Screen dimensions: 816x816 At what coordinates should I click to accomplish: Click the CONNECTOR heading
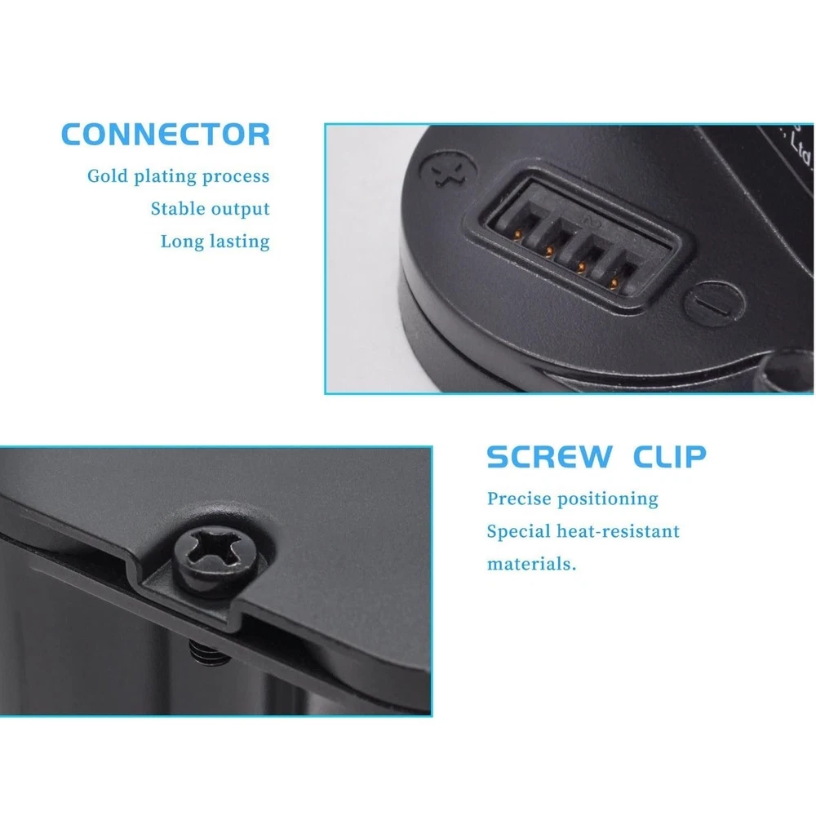click(166, 135)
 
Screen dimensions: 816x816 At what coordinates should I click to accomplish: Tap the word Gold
click(107, 176)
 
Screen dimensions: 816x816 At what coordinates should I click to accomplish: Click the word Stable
click(177, 209)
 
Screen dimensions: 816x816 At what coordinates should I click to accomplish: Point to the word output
click(240, 210)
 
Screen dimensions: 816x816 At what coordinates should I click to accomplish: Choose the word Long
click(182, 242)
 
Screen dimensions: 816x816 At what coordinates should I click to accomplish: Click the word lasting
click(239, 242)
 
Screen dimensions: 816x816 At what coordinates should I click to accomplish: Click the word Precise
click(519, 499)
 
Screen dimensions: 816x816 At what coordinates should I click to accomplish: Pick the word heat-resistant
click(619, 531)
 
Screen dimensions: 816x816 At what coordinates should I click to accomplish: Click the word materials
click(531, 564)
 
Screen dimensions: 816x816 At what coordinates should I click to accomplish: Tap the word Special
click(519, 532)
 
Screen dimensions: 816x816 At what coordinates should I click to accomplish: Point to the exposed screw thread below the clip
click(209, 652)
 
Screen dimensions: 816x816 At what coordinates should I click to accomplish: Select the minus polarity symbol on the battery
click(714, 304)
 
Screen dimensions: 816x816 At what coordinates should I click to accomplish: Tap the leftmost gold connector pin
click(517, 235)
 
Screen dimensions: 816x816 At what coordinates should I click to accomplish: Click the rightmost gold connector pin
click(614, 283)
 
